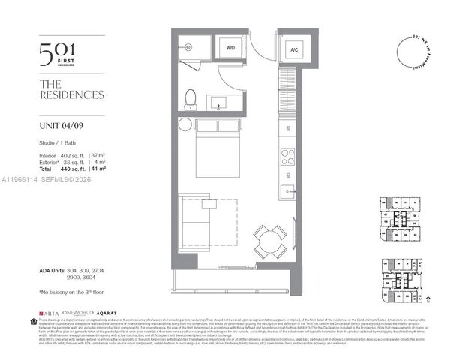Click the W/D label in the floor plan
[230, 47]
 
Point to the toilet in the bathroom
[191, 97]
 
